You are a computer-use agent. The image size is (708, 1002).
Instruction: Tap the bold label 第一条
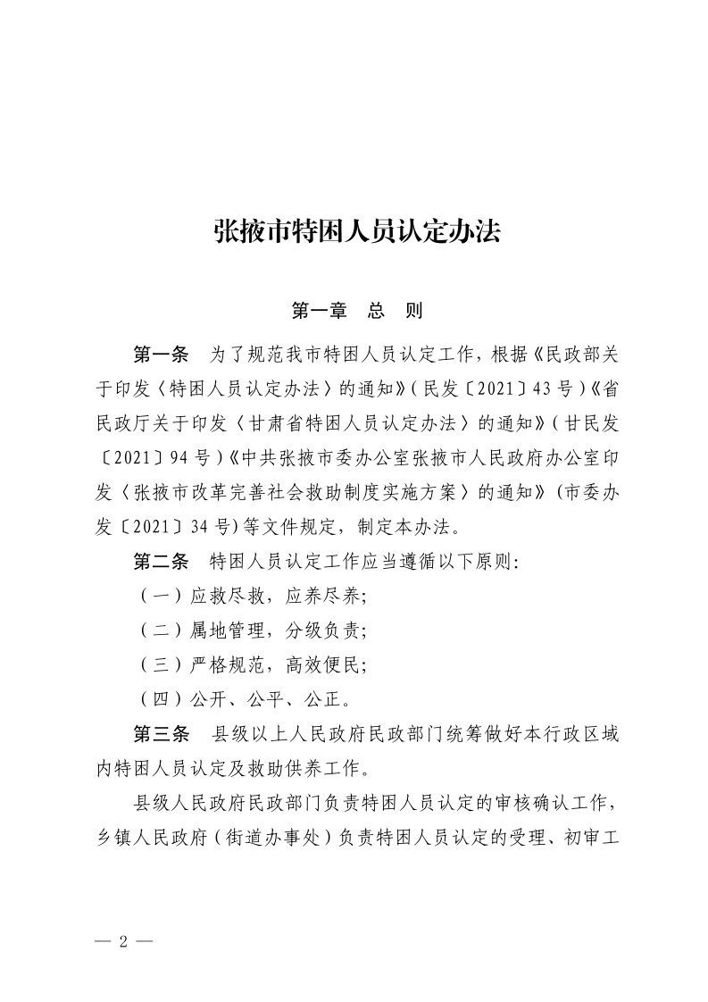[161, 354]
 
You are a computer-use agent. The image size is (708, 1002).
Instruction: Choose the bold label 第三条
[161, 733]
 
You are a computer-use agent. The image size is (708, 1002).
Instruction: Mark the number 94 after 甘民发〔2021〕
[179, 457]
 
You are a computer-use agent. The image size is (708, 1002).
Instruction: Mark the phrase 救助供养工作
[308, 768]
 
